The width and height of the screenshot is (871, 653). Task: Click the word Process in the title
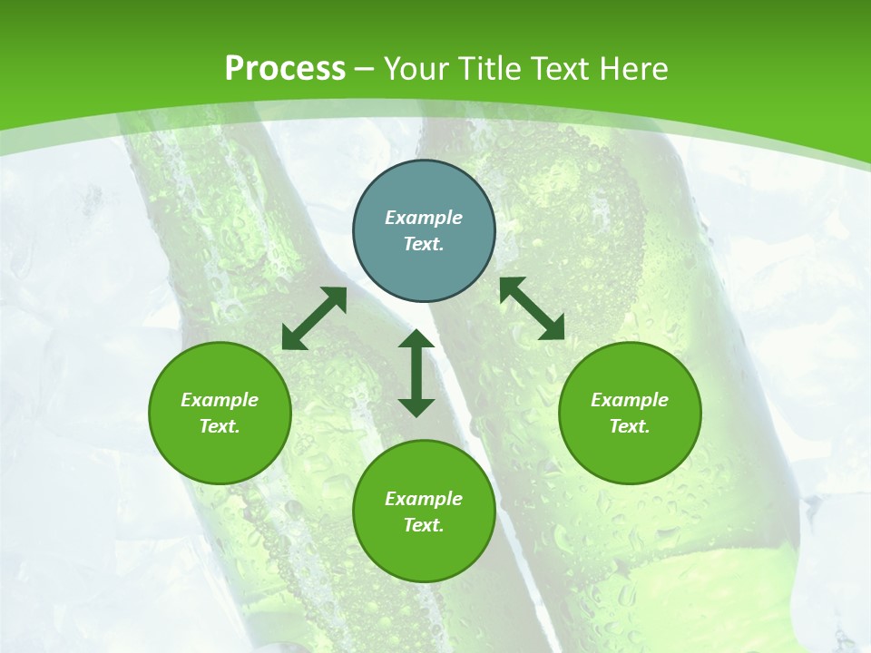[x=285, y=69]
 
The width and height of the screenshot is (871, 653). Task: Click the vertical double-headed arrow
[x=416, y=373]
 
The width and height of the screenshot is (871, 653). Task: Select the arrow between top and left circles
[x=314, y=318]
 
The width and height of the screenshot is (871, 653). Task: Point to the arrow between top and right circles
[x=532, y=308]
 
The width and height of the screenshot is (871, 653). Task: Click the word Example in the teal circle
[x=424, y=218]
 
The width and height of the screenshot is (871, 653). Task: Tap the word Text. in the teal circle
[x=424, y=244]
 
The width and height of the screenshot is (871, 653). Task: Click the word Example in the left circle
[x=220, y=400]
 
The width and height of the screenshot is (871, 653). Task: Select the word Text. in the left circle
[x=220, y=426]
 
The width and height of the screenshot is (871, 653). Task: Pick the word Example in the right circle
[x=630, y=400]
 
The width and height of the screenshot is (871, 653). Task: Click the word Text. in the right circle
[x=630, y=426]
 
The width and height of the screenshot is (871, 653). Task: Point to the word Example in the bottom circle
[x=424, y=499]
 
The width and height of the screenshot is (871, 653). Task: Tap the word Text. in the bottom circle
[x=424, y=525]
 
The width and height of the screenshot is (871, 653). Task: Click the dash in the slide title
[x=365, y=69]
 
